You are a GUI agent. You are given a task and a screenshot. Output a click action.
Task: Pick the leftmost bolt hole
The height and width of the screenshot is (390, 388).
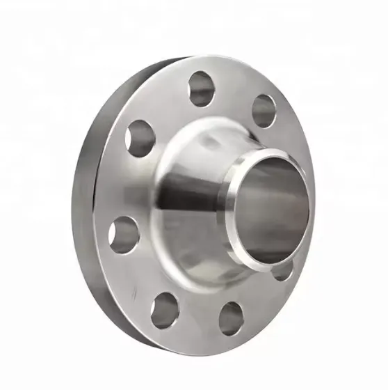[124, 233]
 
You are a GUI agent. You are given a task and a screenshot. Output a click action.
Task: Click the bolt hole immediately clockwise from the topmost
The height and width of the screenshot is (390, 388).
[264, 110]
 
